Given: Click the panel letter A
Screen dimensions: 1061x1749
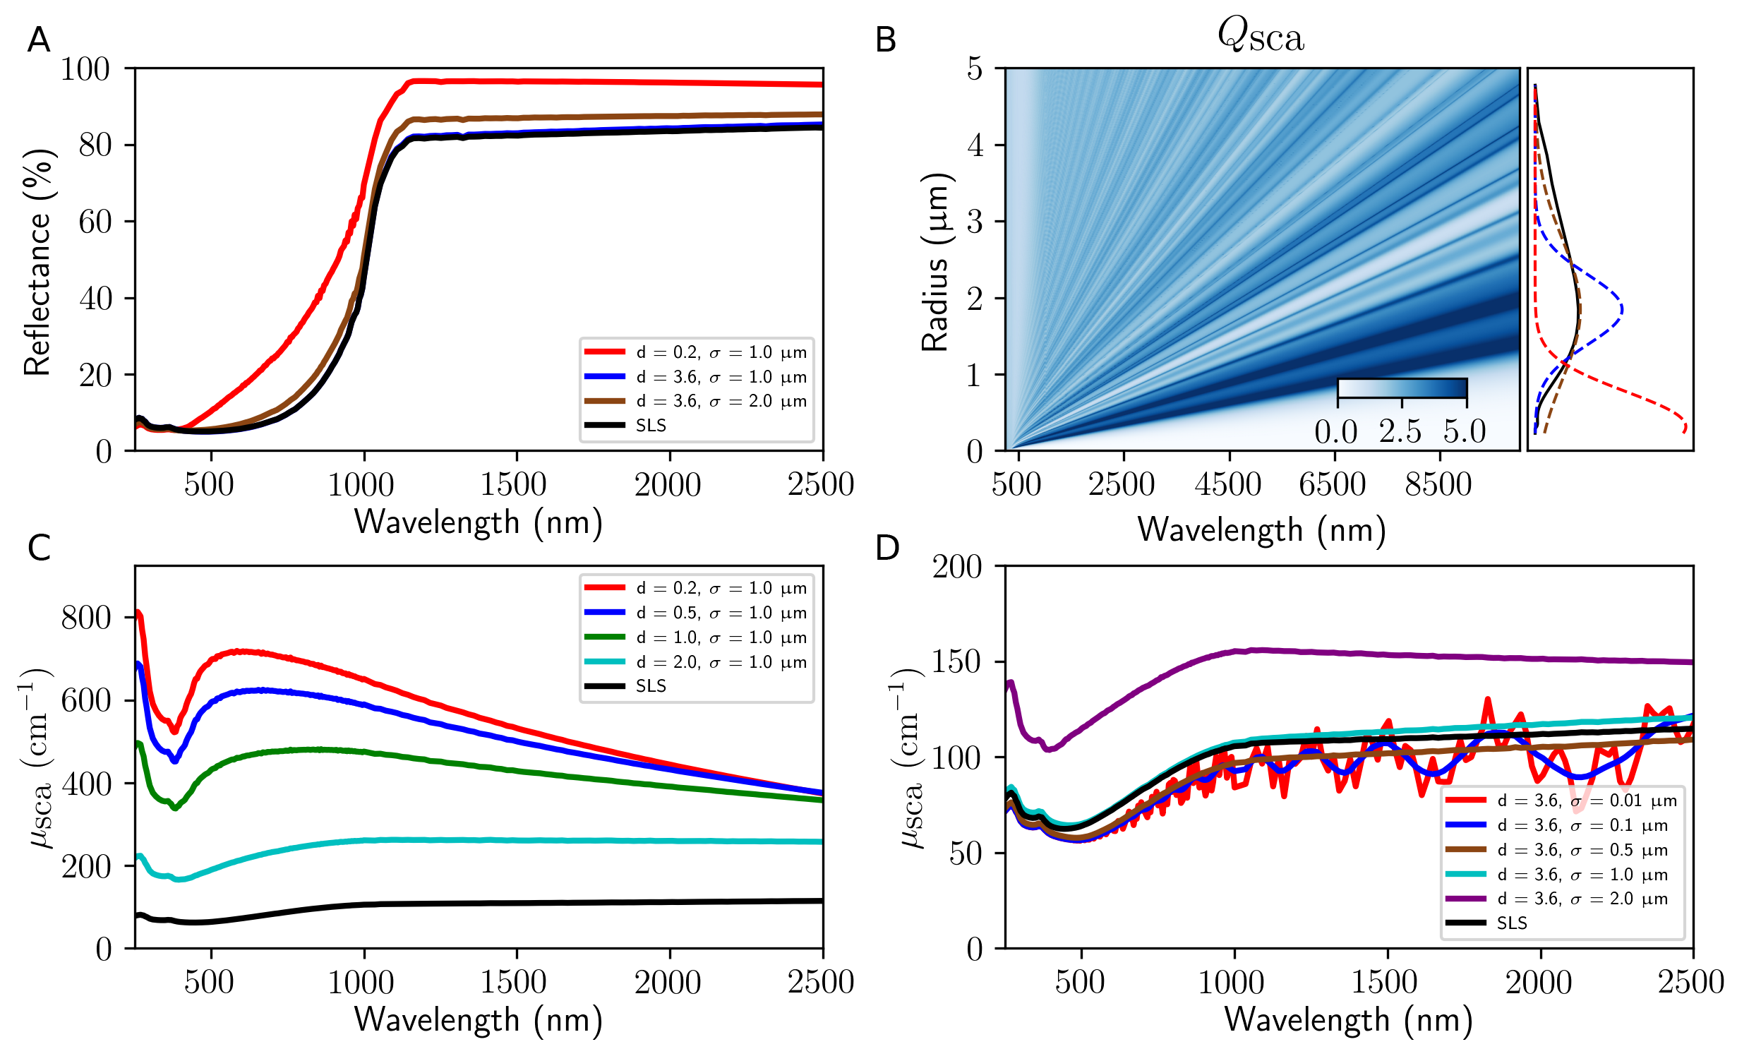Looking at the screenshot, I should coord(38,40).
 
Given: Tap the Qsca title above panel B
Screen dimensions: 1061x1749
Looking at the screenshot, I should coord(1261,35).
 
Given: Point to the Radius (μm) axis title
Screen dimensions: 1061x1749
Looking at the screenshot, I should coord(936,262).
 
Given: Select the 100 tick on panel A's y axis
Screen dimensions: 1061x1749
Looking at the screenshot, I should coord(85,70).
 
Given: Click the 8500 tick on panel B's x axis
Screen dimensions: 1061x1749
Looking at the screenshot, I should coord(1438,485).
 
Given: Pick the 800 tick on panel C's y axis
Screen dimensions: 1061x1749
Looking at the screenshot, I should coord(86,618).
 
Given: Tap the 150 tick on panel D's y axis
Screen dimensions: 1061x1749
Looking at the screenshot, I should coord(956,662).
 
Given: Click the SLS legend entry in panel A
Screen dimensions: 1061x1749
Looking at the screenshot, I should coord(650,425).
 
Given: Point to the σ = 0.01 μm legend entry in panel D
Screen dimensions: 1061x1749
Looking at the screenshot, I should coord(1587,801).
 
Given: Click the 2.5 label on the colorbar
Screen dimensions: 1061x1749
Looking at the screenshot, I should coord(1400,431).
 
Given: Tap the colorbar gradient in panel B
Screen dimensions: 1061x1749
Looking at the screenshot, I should coord(1402,388).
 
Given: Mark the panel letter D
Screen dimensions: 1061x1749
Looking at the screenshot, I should coord(887,548).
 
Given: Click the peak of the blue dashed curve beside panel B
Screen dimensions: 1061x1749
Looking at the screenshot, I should coord(1622,308).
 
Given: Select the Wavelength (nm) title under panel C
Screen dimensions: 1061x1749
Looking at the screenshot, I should coord(479,1020).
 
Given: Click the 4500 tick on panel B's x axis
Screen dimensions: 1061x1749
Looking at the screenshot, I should coord(1228,485).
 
